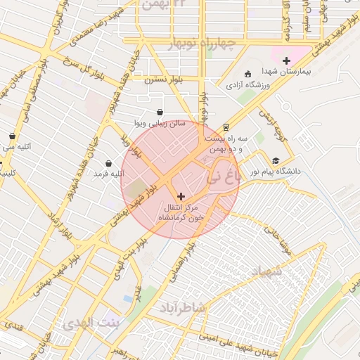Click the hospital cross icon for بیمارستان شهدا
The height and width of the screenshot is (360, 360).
[286, 60]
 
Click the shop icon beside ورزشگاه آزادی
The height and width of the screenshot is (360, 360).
[247, 74]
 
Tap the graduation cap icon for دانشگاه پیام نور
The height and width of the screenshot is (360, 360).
[276, 160]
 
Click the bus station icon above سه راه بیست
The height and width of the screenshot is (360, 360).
[226, 127]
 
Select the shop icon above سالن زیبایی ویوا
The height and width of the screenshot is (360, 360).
[160, 112]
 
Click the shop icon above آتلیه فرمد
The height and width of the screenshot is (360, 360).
[108, 163]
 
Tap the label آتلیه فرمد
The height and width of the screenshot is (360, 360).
[108, 173]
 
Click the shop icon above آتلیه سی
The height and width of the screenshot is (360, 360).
[12, 136]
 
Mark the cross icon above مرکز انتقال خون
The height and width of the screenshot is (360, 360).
[181, 196]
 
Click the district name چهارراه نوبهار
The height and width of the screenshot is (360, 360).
[205, 46]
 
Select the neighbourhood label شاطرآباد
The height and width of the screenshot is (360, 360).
[183, 307]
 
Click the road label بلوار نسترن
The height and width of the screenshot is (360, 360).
[163, 80]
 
